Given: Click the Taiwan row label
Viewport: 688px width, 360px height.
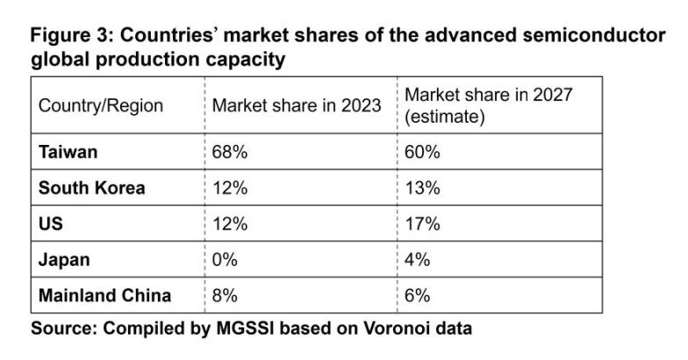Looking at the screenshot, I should point(68,152).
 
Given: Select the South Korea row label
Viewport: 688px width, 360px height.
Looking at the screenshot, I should point(91,188).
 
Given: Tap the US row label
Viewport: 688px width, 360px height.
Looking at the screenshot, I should point(51,224).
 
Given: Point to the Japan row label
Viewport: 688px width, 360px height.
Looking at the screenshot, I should point(64,260).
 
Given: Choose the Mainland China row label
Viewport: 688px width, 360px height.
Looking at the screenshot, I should point(104,295).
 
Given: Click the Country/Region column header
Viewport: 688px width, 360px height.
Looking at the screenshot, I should point(101,105).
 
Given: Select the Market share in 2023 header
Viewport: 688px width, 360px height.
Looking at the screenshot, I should point(297,105).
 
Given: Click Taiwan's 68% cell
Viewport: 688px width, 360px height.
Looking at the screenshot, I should point(230,152).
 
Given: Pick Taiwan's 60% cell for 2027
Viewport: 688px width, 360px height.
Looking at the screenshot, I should point(422,152).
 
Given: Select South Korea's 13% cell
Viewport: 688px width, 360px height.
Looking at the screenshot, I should point(421,188).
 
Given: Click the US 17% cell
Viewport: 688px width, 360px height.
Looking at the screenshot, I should point(421,224).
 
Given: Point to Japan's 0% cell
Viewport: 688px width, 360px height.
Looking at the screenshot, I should point(226,260).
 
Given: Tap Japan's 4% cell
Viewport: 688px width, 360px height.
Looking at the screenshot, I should point(418,260).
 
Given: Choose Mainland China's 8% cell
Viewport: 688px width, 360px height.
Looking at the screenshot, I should point(226,295).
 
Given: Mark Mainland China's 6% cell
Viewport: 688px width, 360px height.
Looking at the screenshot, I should point(418,295).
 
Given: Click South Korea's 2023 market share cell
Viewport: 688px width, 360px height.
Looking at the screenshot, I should point(229,188).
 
